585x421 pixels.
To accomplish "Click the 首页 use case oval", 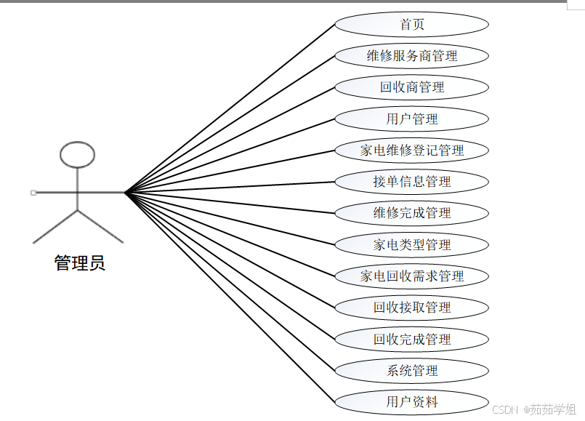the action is point(412,25).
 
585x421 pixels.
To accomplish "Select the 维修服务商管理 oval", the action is point(412,56).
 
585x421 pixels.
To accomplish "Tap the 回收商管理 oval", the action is point(412,87).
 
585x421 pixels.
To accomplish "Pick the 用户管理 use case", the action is point(412,119).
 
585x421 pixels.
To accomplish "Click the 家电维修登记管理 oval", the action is point(412,151).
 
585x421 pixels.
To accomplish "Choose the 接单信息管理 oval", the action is point(412,182).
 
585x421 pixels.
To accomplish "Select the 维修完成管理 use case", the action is point(412,213).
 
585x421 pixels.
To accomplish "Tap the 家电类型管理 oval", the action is point(412,245).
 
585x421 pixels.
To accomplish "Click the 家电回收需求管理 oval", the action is point(412,276).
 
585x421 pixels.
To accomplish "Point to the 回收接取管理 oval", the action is point(412,308).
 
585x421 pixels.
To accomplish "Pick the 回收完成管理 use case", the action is point(412,340).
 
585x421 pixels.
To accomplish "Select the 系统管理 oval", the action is point(412,371).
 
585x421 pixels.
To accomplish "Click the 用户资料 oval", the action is point(412,401).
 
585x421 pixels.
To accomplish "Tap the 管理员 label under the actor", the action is point(80,263).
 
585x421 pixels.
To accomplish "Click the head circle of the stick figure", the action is point(77,154).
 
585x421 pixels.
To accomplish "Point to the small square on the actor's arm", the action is point(33,193).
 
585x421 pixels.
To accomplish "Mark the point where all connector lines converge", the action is point(126,193).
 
